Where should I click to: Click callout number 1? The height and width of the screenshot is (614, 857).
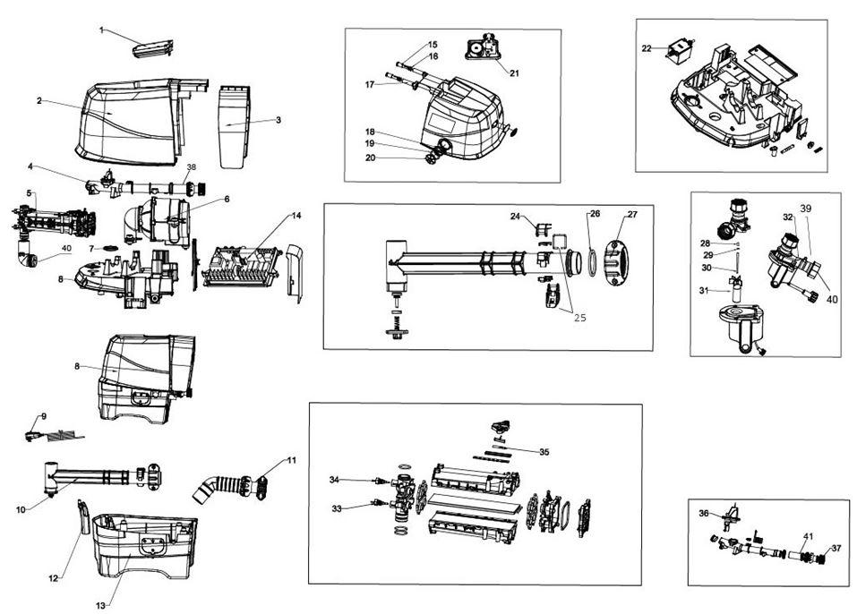pos(101,30)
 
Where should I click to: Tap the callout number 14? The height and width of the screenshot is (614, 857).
pos(296,216)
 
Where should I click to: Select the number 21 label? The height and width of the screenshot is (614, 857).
pos(514,73)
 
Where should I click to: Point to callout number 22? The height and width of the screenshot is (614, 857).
pos(647,48)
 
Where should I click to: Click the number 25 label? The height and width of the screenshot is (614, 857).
pos(580,318)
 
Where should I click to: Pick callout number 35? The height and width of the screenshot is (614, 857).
pos(544,452)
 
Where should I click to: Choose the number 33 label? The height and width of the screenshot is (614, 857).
pos(337,508)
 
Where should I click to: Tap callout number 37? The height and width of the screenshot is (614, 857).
pos(836,548)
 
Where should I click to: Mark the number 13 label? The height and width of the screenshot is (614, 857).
pos(100,605)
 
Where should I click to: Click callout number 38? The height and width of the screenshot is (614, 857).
pos(191,167)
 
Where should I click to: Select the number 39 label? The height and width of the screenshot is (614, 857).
pos(806,209)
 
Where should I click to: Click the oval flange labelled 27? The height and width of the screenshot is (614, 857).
pos(616,263)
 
